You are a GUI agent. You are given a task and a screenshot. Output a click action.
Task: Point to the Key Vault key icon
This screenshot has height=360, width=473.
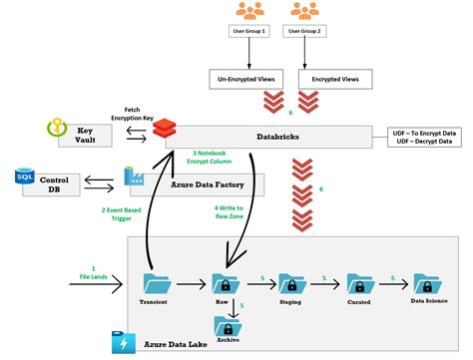click(56, 131)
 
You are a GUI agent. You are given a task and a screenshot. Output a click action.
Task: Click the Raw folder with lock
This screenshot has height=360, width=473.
click(227, 284)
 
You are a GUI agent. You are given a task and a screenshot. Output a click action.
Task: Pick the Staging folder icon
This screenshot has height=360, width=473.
click(291, 284)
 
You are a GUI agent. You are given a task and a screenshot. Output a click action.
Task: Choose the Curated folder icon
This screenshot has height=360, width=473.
click(359, 284)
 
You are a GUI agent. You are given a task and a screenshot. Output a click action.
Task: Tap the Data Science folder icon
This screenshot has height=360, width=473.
click(427, 283)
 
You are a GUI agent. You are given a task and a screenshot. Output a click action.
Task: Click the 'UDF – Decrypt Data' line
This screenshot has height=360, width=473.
click(427, 142)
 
